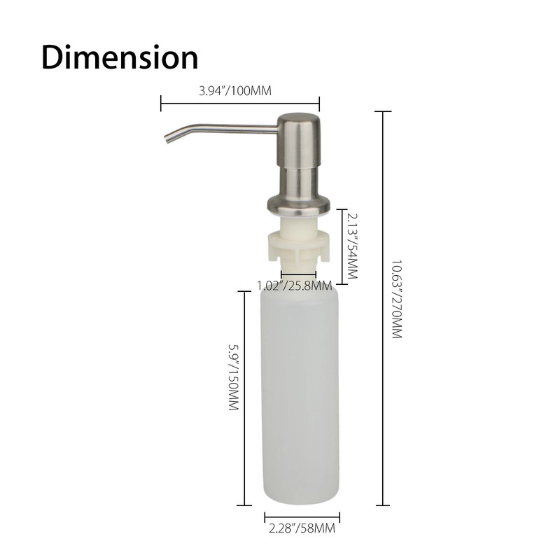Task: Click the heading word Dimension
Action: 120,57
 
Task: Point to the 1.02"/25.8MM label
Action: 295,286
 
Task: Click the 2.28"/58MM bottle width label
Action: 301,530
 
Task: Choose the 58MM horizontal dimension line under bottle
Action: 302,519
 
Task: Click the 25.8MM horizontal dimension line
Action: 298,274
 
